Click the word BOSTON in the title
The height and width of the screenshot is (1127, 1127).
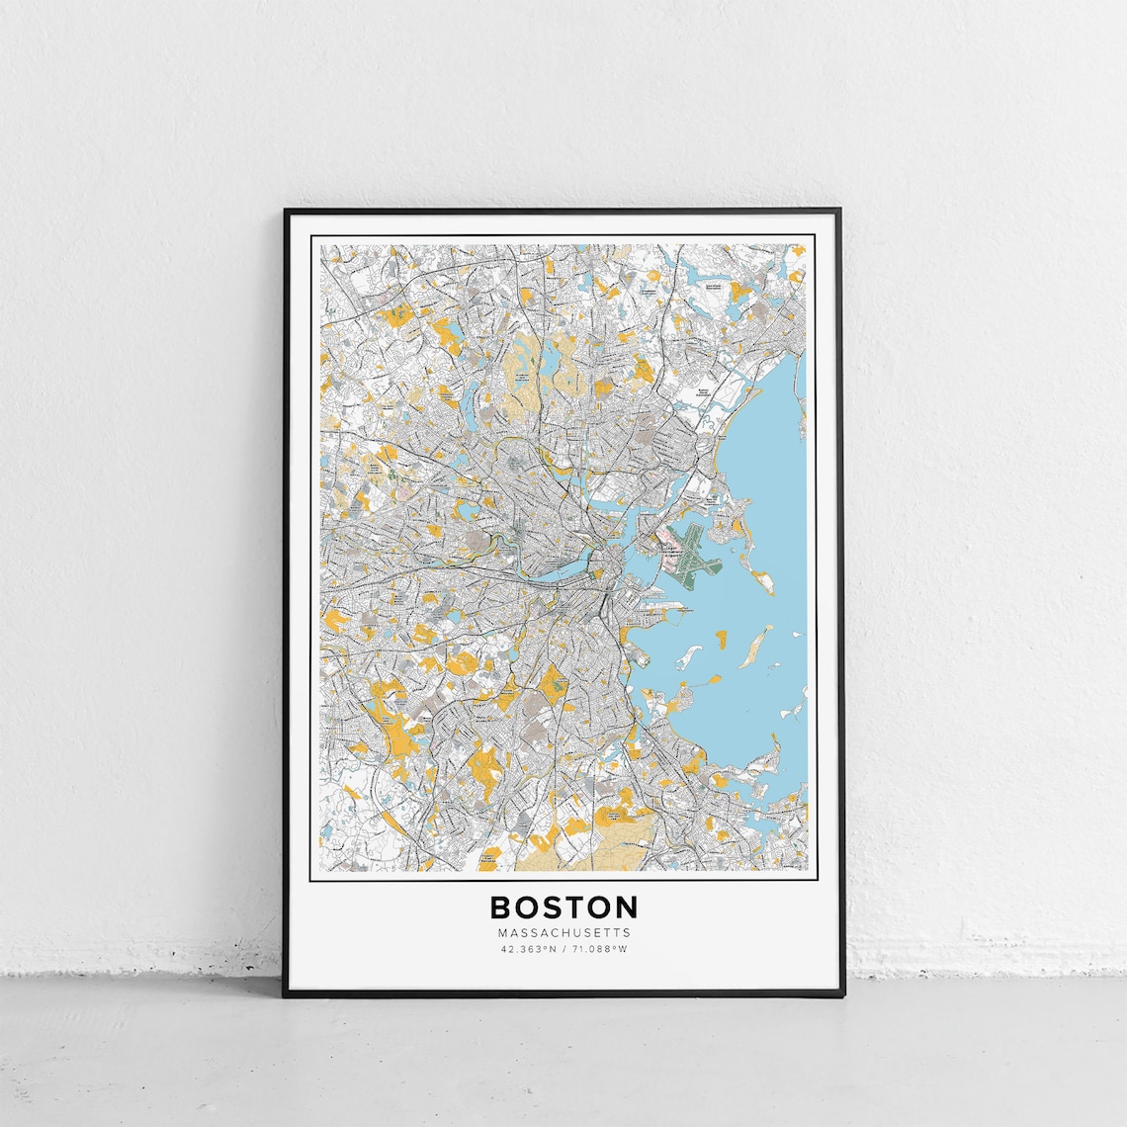(x=563, y=907)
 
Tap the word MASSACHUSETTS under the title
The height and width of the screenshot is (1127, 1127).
(x=563, y=932)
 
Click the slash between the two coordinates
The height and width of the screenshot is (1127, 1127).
(x=563, y=949)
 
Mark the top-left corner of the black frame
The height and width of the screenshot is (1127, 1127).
(x=286, y=212)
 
